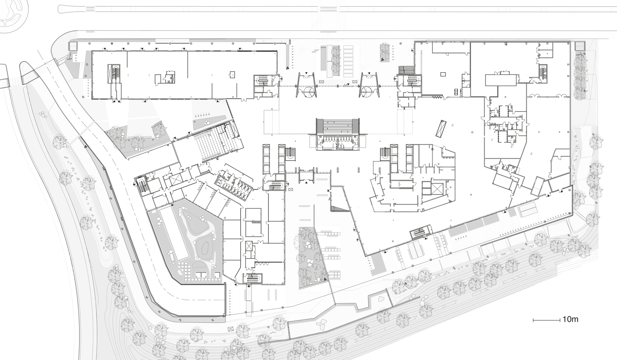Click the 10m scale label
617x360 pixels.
pyautogui.click(x=571, y=319)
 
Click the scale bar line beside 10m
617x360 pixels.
pyautogui.click(x=546, y=320)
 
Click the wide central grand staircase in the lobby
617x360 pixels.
pyautogui.click(x=338, y=126)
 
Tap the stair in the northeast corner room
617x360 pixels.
pyautogui.click(x=543, y=72)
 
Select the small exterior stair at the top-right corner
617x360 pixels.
pyautogui.click(x=580, y=46)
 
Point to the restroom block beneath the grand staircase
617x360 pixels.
pyautogui.click(x=338, y=143)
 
